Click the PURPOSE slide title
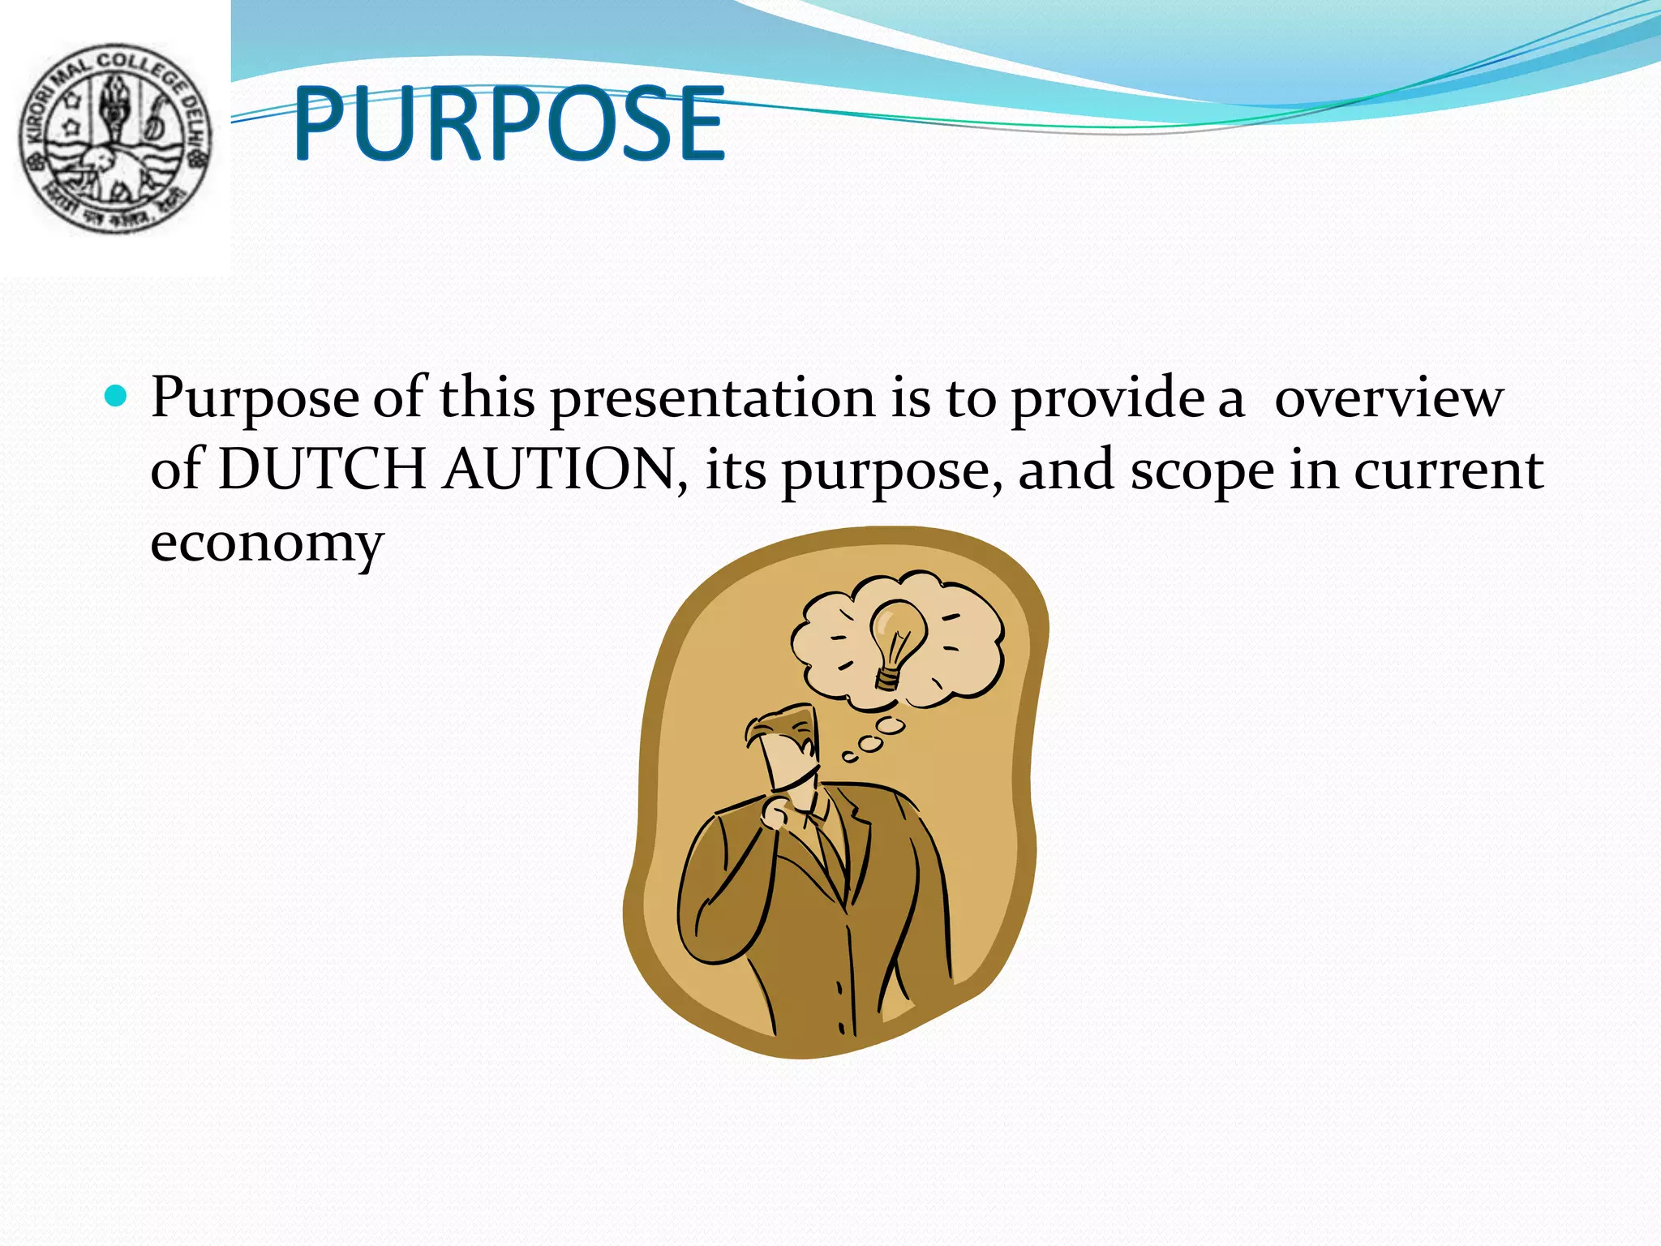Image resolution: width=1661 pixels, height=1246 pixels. [509, 123]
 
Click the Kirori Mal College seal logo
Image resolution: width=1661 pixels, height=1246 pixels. [115, 139]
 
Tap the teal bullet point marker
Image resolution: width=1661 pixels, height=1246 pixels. [117, 397]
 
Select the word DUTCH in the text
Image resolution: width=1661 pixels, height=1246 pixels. [322, 470]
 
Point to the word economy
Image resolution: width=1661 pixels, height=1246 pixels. [266, 544]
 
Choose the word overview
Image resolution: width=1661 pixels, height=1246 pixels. [1388, 398]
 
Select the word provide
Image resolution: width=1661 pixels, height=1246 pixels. [1107, 398]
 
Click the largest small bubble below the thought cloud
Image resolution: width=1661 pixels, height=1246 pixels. [891, 724]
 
